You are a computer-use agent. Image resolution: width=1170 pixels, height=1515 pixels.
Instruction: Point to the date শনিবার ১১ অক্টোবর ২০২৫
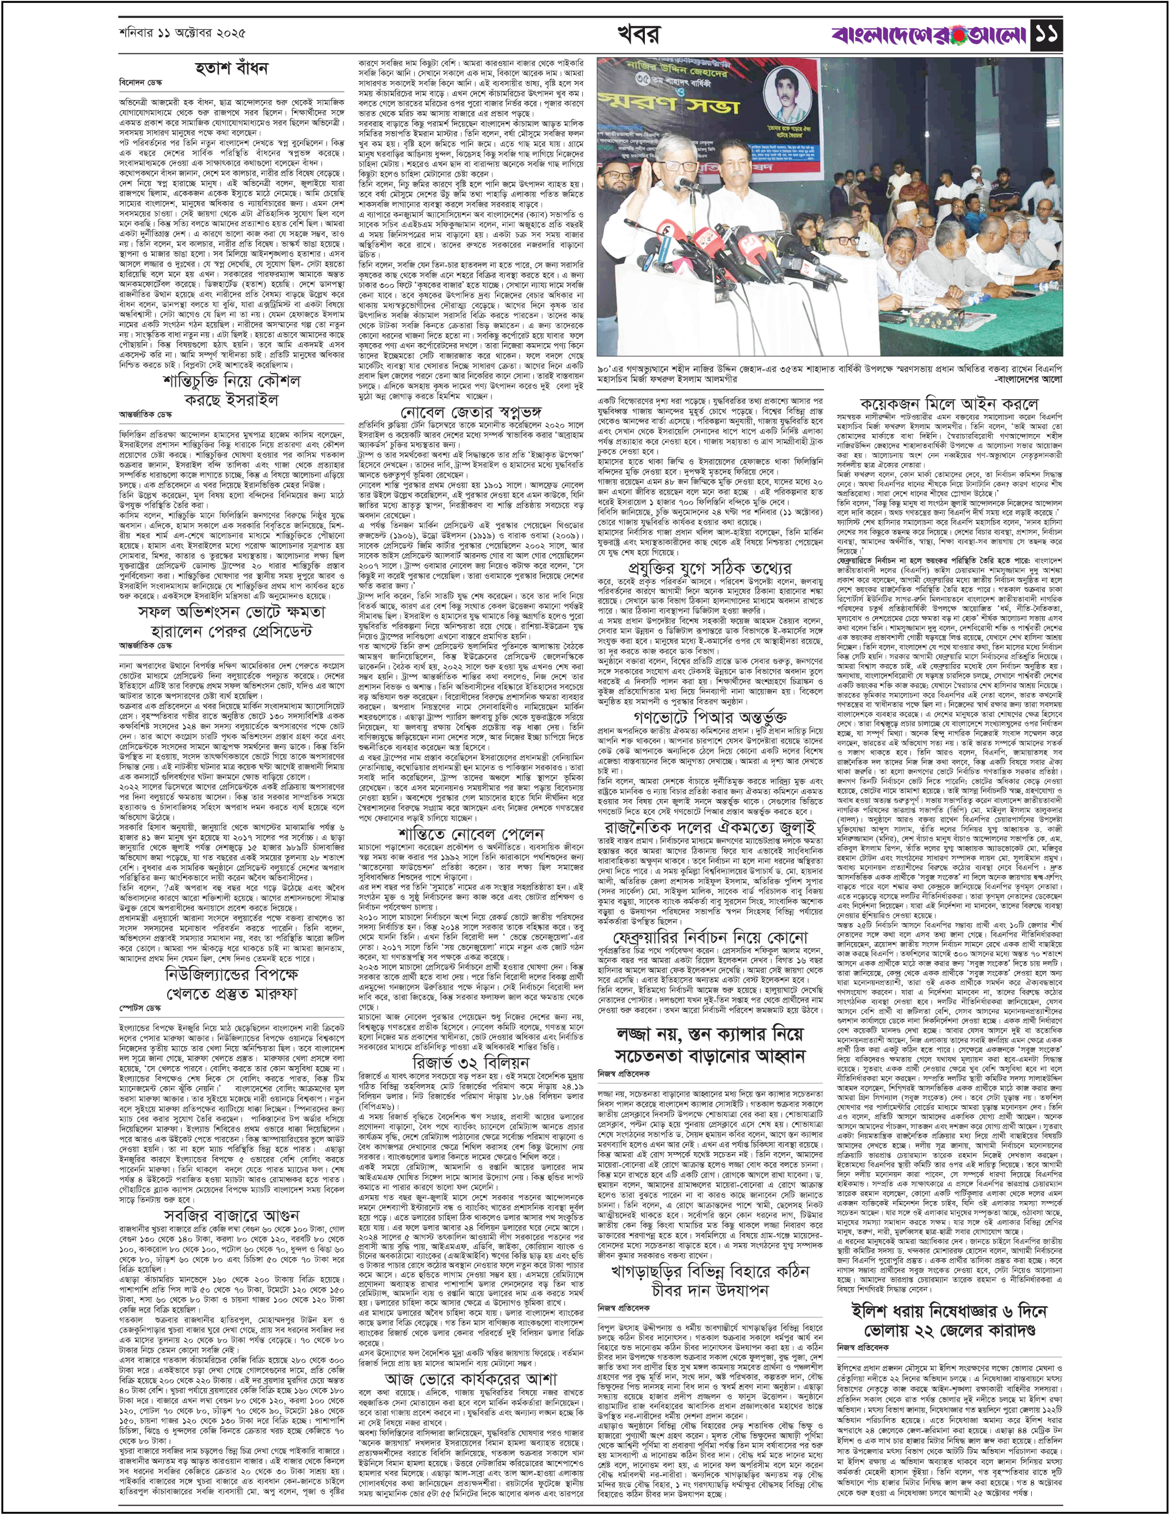tap(182, 33)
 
